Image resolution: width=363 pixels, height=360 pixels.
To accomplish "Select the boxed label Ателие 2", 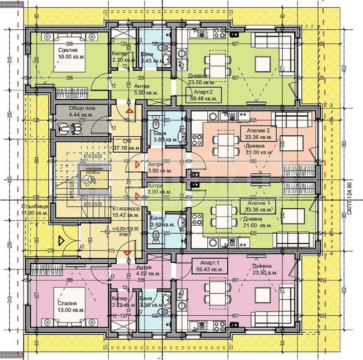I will (x=255, y=134).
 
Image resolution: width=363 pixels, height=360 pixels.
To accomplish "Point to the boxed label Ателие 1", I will (x=255, y=206).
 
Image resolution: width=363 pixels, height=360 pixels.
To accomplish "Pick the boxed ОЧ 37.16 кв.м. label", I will (x=126, y=145).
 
